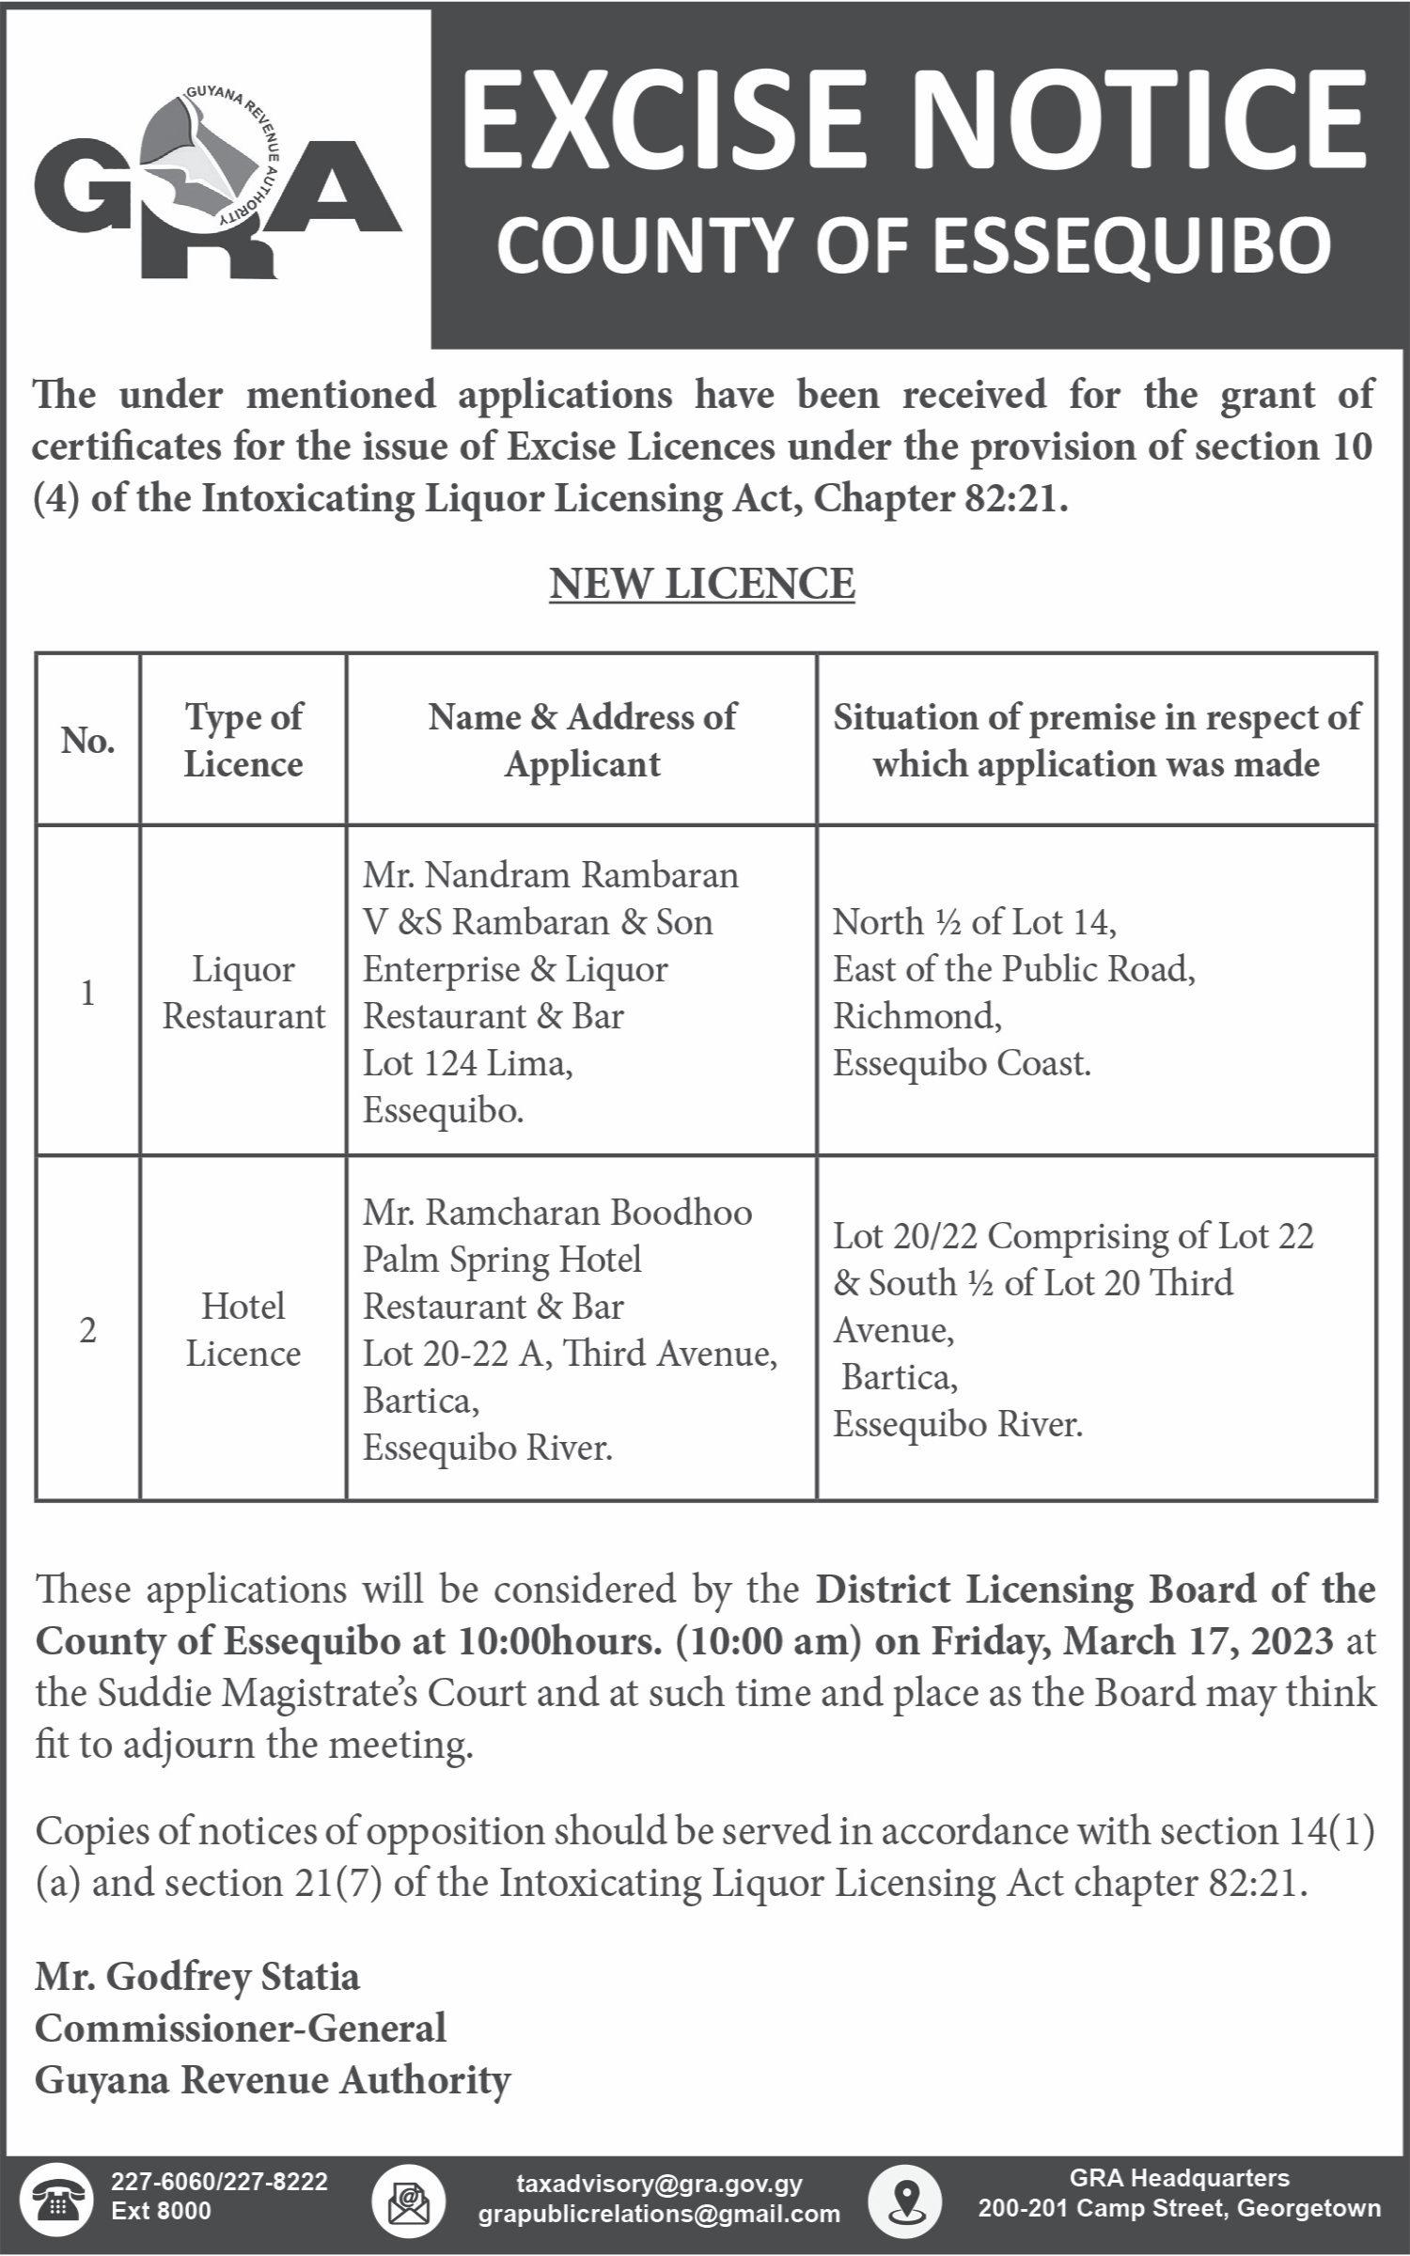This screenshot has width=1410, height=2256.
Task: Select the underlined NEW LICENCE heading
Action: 702,583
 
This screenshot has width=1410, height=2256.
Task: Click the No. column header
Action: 87,741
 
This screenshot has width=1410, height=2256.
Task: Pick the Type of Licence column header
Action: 243,741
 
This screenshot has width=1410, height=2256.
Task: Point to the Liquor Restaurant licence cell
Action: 243,993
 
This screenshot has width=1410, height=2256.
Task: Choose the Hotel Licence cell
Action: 243,1329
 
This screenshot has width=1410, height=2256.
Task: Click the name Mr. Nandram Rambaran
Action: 551,875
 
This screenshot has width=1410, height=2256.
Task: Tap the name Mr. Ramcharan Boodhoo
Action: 557,1212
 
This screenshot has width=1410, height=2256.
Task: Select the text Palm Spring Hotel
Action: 502,1259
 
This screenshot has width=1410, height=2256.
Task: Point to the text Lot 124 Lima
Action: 467,1063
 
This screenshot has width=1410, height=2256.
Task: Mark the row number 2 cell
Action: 87,1330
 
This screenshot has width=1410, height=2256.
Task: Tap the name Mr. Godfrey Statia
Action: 197,1977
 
